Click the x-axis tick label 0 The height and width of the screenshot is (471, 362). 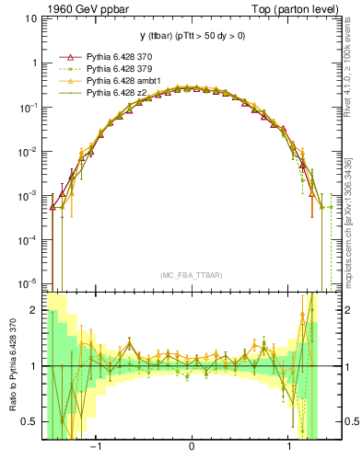pos(191,448)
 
